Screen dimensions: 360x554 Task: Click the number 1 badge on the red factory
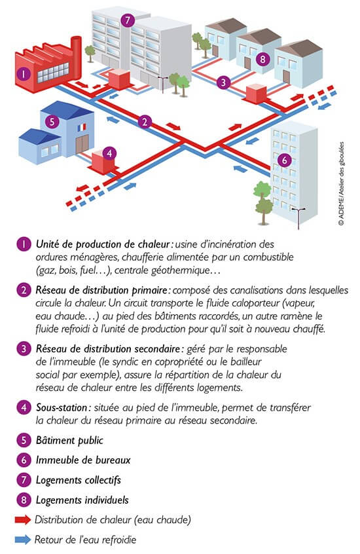[x=24, y=74]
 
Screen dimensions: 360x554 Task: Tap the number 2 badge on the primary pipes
[x=145, y=122]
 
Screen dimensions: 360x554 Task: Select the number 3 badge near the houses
[x=223, y=83]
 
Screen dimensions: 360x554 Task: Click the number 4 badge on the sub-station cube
[x=109, y=153]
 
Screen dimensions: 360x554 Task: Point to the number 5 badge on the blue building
[x=52, y=122]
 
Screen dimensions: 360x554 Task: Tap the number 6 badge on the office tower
[x=284, y=160]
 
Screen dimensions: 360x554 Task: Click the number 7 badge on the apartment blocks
[x=128, y=20]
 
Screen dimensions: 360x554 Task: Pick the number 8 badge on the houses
[x=262, y=59]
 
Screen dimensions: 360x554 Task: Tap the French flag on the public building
[x=82, y=127]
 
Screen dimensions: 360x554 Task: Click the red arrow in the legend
[x=23, y=519]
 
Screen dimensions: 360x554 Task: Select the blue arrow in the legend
[x=23, y=540]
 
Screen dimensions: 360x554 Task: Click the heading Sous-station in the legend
[x=62, y=407]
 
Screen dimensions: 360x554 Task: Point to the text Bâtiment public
[x=69, y=440]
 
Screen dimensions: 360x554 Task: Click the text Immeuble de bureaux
[x=83, y=460]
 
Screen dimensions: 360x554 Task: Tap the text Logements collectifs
[x=79, y=480]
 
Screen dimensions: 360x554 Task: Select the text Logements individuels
[x=82, y=500]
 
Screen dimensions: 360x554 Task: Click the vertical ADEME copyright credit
[x=341, y=184]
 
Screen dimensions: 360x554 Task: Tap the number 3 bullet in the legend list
[x=24, y=349]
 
